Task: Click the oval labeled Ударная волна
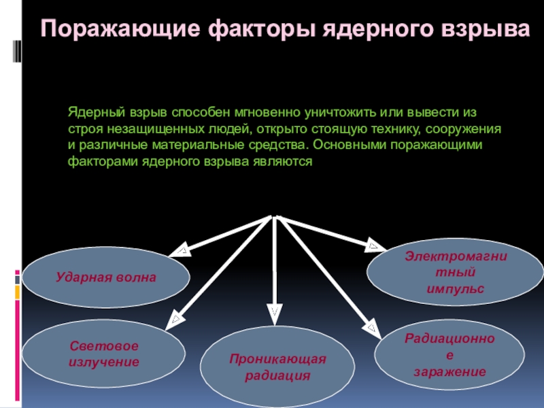point(106,277)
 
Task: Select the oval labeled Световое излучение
point(104,354)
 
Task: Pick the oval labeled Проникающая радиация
point(277,367)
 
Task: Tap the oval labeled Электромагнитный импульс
point(446,272)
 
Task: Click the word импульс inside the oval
point(446,288)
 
